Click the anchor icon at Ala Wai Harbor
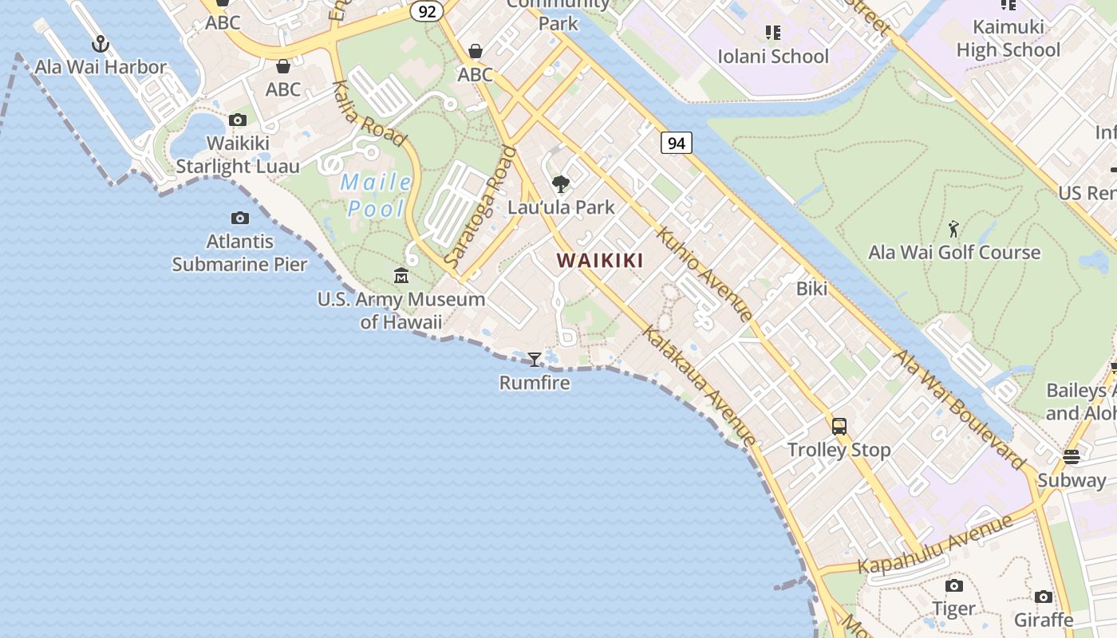pyautogui.click(x=101, y=44)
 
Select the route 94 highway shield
pyautogui.click(x=676, y=143)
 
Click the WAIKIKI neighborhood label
pyautogui.click(x=600, y=260)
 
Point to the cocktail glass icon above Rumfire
pyautogui.click(x=535, y=360)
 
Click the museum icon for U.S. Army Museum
pyautogui.click(x=401, y=276)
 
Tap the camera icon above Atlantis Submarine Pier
pyautogui.click(x=239, y=218)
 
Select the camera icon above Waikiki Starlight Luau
pyautogui.click(x=237, y=120)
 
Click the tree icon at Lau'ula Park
pyautogui.click(x=561, y=184)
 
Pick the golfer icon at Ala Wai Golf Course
pyautogui.click(x=953, y=230)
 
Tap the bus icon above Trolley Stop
pyautogui.click(x=839, y=426)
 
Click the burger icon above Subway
pyautogui.click(x=1071, y=457)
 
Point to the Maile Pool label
pyautogui.click(x=376, y=195)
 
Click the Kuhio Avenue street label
pyautogui.click(x=705, y=274)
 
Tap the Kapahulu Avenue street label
pyautogui.click(x=935, y=545)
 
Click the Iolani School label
pyautogui.click(x=773, y=57)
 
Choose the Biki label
pyautogui.click(x=811, y=289)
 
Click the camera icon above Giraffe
pyautogui.click(x=1043, y=597)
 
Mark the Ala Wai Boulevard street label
pyautogui.click(x=960, y=409)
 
